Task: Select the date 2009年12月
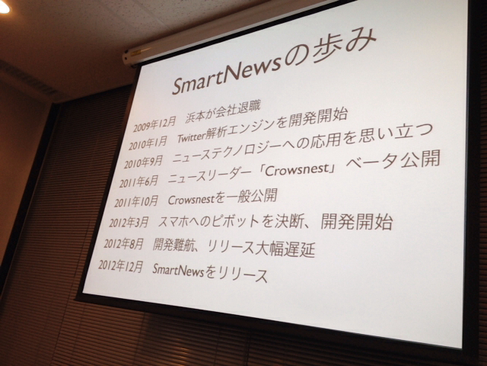154,124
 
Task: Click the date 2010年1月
148,143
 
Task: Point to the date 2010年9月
143,162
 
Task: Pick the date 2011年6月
138,181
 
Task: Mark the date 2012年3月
129,222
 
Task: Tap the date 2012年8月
123,244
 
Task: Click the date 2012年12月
121,265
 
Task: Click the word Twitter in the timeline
192,136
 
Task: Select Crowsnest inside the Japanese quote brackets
297,170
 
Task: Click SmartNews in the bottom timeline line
178,269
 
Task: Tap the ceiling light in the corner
4,7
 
